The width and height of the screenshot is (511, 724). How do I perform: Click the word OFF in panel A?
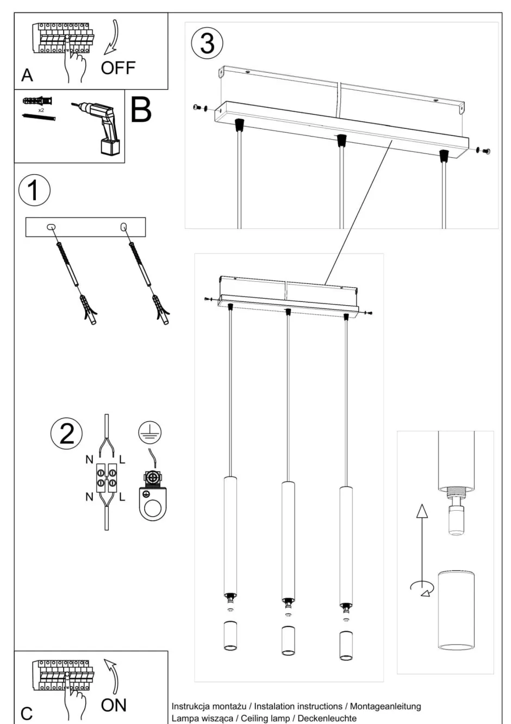click(118, 69)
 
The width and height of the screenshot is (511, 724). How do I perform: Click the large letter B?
click(141, 109)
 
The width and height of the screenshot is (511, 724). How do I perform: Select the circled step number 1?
click(34, 191)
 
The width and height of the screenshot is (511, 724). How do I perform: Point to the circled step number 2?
click(66, 434)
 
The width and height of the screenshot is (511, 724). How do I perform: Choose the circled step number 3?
click(207, 44)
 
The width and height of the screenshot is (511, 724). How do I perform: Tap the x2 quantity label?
click(41, 110)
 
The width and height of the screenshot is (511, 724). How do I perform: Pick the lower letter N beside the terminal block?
click(89, 497)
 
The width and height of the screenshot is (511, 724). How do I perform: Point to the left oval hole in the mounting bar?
click(51, 227)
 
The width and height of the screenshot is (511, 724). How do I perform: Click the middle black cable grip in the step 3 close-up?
click(341, 140)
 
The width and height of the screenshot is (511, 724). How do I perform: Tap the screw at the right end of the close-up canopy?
click(486, 151)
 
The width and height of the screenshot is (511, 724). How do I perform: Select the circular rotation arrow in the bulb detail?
click(422, 587)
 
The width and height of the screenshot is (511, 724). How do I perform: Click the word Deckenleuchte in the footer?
click(331, 718)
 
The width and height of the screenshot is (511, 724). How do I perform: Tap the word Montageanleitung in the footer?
click(385, 706)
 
